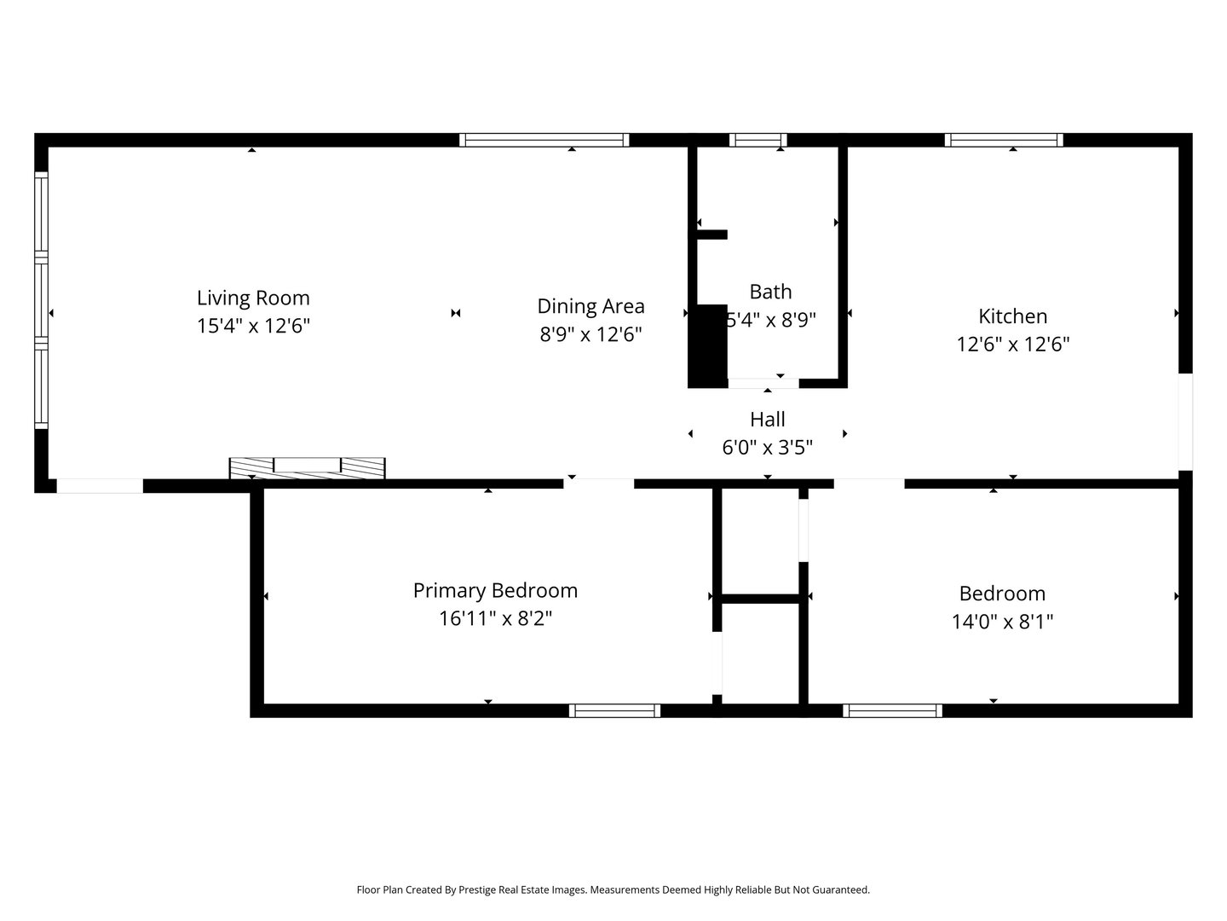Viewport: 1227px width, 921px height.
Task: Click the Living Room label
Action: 253,298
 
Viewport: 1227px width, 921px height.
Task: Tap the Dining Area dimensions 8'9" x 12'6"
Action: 590,334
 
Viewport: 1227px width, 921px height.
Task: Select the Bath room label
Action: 770,292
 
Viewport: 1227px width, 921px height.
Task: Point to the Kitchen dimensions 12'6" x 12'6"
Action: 1012,345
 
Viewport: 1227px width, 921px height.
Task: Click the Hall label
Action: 767,420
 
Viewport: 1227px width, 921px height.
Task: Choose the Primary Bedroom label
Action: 495,590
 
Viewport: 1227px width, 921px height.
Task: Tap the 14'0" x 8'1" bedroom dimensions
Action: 1002,622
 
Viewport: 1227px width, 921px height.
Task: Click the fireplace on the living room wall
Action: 307,467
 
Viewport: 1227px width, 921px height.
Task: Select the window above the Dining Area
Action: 544,140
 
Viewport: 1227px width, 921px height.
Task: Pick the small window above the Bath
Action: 758,140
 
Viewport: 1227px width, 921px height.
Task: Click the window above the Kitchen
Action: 1004,140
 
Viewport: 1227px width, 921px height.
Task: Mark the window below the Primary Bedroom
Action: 614,710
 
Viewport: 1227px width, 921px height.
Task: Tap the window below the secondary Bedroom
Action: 892,710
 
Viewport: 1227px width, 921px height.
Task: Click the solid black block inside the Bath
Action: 707,345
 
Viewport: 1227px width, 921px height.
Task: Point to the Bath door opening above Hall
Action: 763,383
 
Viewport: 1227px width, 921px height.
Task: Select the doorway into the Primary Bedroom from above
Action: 599,484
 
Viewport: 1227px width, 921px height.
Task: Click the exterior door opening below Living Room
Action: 100,486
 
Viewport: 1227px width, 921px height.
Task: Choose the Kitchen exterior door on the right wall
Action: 1185,421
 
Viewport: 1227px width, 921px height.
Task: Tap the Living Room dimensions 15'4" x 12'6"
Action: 253,326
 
